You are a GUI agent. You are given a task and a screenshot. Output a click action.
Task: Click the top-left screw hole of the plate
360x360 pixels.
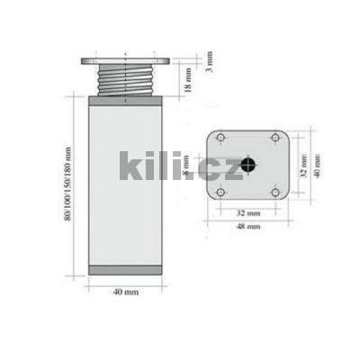221,138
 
